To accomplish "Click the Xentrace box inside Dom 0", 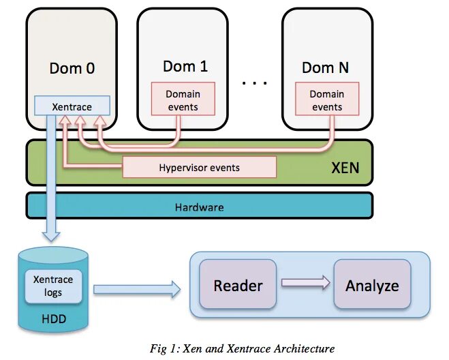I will (x=72, y=106).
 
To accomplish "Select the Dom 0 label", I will (x=72, y=68).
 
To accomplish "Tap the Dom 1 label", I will (x=185, y=66).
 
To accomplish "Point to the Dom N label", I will (x=328, y=67).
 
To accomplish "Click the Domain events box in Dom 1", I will (x=183, y=100).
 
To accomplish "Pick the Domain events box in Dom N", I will (x=327, y=100).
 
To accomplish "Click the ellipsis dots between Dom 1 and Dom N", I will (x=255, y=82).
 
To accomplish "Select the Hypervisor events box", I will (x=199, y=167).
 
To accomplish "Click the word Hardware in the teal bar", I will (x=199, y=207).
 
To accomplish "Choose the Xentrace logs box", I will (x=53, y=286).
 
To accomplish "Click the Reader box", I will (x=238, y=286).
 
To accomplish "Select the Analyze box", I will (x=372, y=286).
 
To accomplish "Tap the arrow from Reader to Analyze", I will (x=305, y=283).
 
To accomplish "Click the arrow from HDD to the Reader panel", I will (x=136, y=290).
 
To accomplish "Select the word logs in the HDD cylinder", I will (x=53, y=292).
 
